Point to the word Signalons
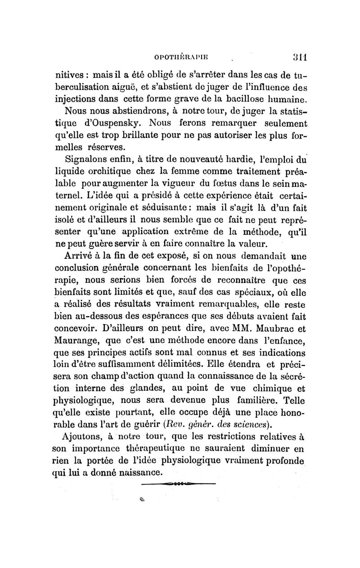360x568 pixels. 87,159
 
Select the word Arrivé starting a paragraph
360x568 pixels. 81,257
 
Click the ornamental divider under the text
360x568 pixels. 179,484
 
